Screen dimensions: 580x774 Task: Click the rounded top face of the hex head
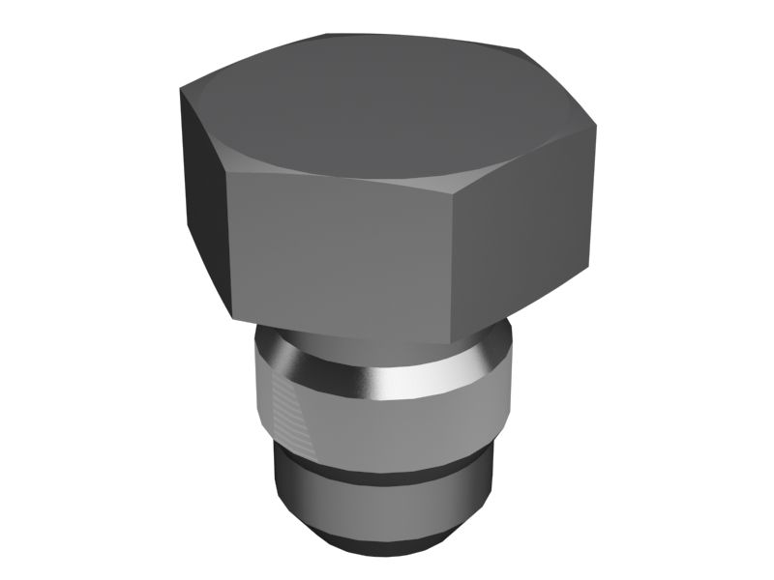click(x=387, y=106)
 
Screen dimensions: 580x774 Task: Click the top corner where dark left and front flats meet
click(x=225, y=173)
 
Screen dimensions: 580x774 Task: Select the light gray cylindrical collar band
click(x=387, y=430)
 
